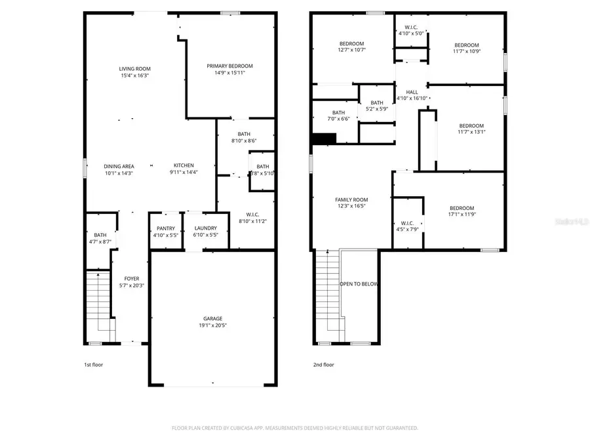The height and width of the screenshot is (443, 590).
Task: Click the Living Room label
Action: [134, 69]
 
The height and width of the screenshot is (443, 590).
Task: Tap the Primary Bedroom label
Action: [229, 66]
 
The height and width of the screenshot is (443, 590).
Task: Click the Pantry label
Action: [165, 228]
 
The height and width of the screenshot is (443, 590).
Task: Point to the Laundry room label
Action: [205, 228]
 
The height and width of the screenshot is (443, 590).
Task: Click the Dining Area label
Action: [119, 166]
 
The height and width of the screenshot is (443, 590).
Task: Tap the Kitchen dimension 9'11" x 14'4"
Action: [184, 173]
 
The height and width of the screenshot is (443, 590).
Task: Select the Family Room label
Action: [351, 200]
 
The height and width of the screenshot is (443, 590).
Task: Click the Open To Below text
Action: [359, 284]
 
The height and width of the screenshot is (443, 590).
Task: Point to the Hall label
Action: [412, 92]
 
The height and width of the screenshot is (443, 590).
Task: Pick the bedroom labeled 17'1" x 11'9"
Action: [462, 208]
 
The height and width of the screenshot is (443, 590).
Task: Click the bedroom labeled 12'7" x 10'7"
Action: [351, 44]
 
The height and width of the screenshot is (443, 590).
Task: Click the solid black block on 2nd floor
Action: [324, 138]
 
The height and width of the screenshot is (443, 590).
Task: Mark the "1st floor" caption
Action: [93, 364]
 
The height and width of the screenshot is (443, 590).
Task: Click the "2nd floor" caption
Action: [323, 364]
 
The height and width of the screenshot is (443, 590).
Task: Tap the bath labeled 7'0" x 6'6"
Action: [338, 112]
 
